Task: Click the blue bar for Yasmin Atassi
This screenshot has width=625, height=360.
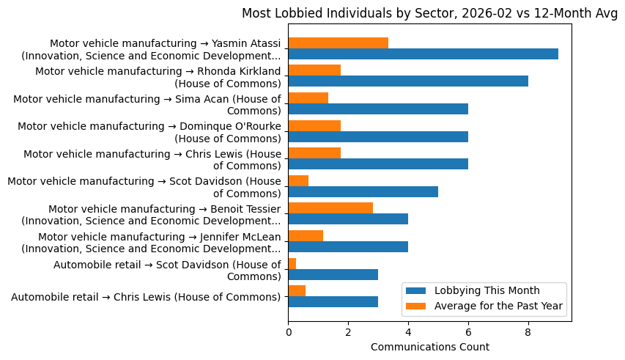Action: coord(423,54)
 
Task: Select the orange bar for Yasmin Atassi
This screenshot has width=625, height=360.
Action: coord(338,43)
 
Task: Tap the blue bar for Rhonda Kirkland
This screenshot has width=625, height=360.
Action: coord(408,81)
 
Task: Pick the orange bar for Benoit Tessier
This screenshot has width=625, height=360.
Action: coord(330,208)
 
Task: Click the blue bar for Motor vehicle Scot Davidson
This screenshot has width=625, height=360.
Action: coord(363,192)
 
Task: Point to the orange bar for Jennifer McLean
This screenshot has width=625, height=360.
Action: coord(306,235)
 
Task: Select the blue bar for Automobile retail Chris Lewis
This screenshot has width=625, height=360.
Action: coord(333,302)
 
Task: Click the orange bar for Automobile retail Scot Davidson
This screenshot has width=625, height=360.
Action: coord(292,263)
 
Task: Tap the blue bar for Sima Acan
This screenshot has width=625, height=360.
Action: coord(378,109)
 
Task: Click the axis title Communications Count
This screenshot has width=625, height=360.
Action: coord(429,346)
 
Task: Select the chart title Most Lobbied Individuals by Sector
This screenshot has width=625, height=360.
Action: coord(429,13)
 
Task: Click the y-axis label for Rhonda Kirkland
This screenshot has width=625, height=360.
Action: coord(158,77)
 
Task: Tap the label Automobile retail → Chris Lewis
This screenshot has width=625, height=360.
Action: coord(146,297)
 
